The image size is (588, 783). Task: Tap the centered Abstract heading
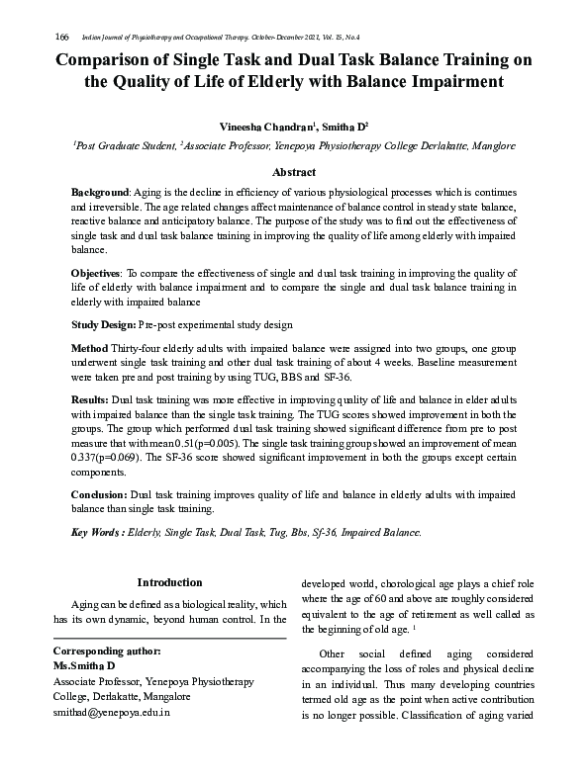coord(293,172)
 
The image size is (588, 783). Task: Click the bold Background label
coord(100,190)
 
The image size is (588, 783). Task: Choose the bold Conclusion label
coord(99,492)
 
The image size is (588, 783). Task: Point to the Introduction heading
coord(169,583)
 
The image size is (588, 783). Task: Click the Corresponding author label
coord(106,652)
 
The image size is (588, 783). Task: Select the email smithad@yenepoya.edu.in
coord(111,712)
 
